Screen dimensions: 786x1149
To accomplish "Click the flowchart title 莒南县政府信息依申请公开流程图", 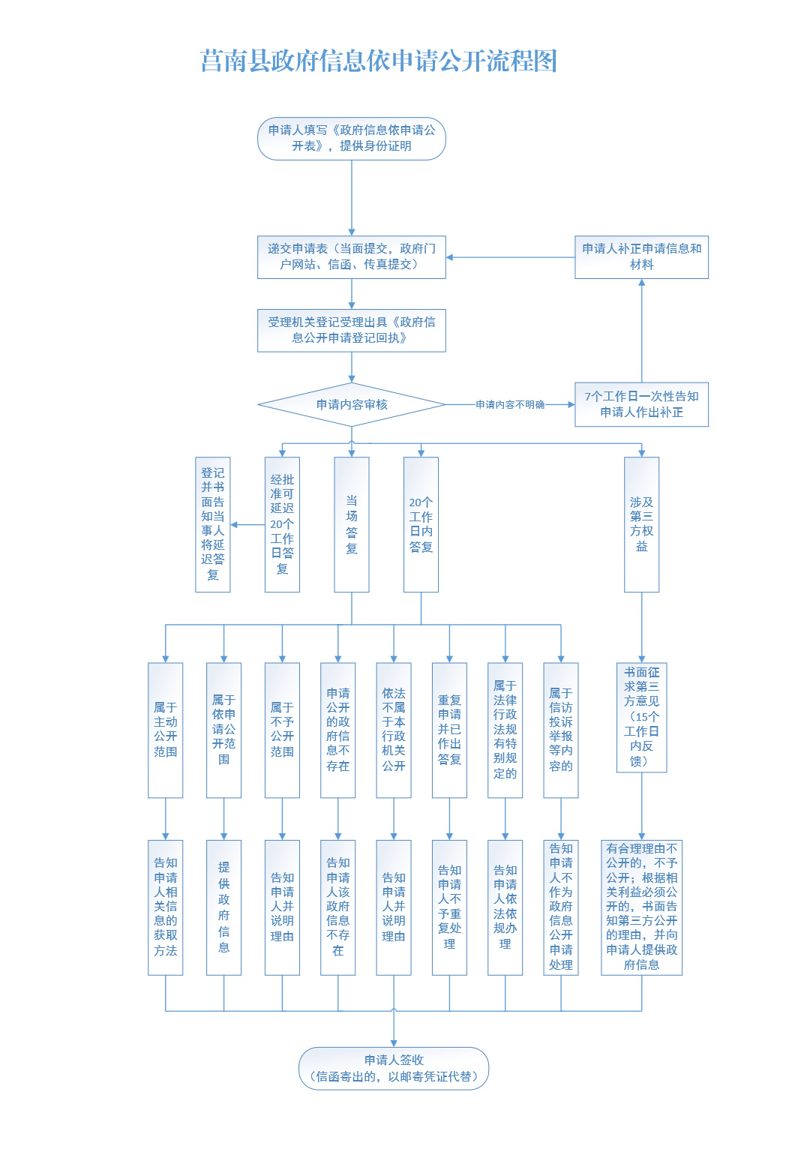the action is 379,61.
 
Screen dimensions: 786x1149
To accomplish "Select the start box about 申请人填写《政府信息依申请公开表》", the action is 352,139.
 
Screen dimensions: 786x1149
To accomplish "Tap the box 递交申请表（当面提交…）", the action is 352,257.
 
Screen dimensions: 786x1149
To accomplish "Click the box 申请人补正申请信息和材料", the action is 641,257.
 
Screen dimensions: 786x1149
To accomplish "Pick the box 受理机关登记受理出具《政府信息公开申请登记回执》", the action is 352,330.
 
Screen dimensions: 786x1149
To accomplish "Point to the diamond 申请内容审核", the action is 352,405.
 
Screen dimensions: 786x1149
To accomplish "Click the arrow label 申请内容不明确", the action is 510,405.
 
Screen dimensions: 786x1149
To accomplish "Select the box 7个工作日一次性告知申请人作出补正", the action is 641,404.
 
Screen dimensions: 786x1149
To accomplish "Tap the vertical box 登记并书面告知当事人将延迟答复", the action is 213,525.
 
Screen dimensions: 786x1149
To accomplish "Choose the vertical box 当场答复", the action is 352,525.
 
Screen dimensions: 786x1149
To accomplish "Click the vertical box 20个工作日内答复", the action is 421,525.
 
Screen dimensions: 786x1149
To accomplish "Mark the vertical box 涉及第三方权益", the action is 641,525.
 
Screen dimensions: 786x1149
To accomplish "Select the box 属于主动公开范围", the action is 165,730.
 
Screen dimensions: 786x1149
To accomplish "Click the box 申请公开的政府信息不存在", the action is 337,730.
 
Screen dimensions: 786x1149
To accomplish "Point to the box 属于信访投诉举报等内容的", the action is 561,730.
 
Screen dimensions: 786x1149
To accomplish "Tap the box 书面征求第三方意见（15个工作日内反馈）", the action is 641,717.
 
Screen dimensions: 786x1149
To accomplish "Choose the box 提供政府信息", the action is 223,907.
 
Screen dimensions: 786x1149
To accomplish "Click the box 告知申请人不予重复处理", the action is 449,907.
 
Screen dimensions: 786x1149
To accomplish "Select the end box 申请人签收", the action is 394,1068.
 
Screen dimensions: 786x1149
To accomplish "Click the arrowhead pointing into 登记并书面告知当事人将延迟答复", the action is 234,525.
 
